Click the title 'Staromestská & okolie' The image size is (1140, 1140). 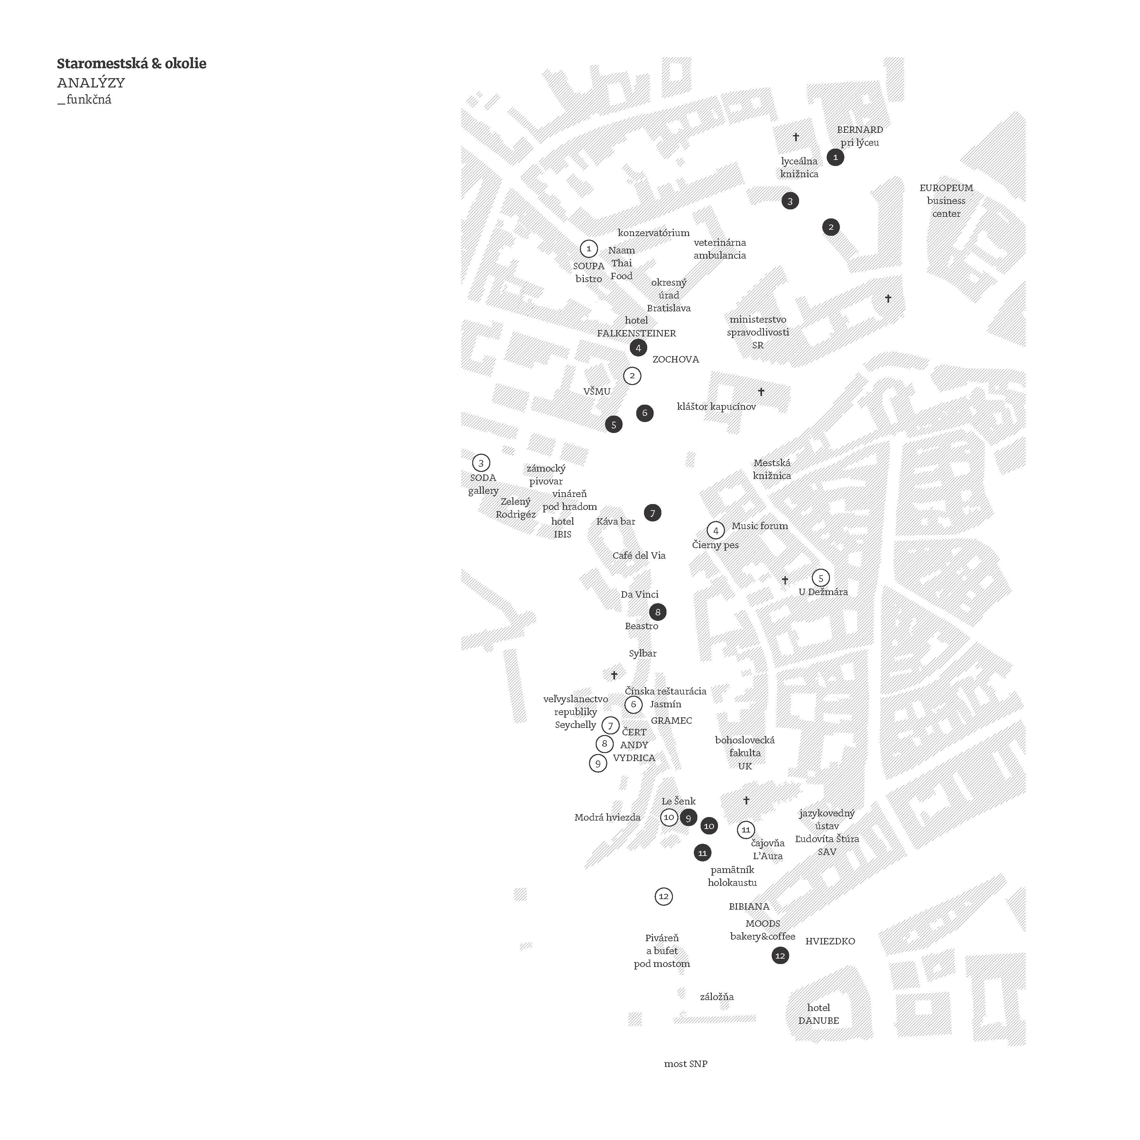[x=132, y=64]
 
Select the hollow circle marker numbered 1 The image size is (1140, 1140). [x=588, y=248]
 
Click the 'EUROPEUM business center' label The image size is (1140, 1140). [x=946, y=201]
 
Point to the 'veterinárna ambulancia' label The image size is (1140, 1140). [x=719, y=249]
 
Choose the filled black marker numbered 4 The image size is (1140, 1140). [x=638, y=347]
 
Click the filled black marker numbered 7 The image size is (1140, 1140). [x=652, y=513]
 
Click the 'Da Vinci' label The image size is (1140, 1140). [x=639, y=594]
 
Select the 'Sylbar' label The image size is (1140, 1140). [x=643, y=654]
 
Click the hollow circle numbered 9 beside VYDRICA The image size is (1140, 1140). [x=598, y=764]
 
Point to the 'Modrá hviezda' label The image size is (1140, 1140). [x=607, y=817]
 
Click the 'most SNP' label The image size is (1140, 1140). [x=686, y=1064]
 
